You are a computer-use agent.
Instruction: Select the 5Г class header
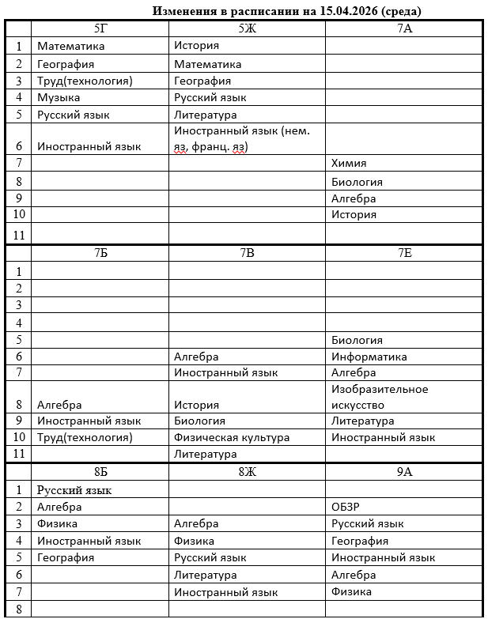tap(100, 28)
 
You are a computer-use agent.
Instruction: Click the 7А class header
tap(404, 28)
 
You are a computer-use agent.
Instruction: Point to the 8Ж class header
tap(247, 472)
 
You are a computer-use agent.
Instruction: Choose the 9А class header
tap(404, 472)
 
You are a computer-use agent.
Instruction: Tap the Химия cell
tap(349, 163)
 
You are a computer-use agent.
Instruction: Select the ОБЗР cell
tap(346, 507)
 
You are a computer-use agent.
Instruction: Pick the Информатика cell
tap(369, 357)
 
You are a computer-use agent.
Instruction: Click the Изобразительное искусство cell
tap(380, 397)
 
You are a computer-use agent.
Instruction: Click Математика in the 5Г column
tap(70, 46)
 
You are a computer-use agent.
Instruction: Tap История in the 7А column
tap(354, 214)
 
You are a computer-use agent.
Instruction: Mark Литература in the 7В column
tap(205, 454)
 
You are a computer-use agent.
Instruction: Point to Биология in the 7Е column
tap(357, 340)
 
